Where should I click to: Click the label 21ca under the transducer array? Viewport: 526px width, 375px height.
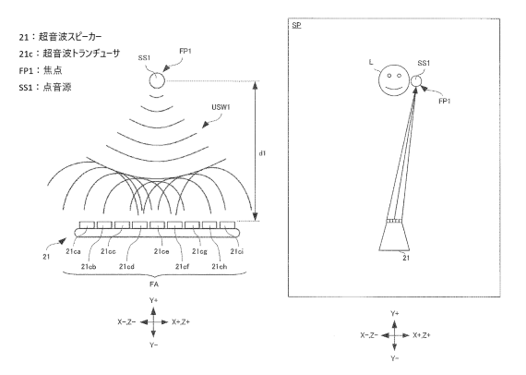[73, 251]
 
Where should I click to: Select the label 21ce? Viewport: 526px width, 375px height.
[161, 251]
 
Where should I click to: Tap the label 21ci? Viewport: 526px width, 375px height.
[237, 251]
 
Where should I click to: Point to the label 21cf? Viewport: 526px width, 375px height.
[182, 267]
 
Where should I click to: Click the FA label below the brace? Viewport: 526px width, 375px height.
[154, 284]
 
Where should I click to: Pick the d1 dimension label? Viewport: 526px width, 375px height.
[262, 153]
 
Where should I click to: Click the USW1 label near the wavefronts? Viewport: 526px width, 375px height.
[221, 107]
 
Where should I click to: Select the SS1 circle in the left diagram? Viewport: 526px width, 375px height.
[157, 80]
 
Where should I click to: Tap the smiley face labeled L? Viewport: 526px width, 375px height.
[394, 80]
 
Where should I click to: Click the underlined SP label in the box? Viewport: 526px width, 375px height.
[296, 25]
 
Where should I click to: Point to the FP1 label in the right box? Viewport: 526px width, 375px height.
[445, 101]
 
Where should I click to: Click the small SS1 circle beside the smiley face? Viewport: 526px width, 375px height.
[416, 81]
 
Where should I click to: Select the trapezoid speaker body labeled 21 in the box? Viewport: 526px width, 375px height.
[394, 236]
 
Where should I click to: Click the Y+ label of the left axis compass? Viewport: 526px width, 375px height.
[153, 300]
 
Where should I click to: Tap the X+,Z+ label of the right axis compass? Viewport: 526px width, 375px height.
[422, 335]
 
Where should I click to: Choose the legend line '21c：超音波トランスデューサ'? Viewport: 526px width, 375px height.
[69, 54]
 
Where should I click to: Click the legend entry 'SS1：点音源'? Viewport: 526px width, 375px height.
[45, 88]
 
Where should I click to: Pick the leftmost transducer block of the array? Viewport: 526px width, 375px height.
[87, 224]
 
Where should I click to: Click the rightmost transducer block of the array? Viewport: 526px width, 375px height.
[227, 224]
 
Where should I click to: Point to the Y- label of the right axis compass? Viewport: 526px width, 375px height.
[395, 358]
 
